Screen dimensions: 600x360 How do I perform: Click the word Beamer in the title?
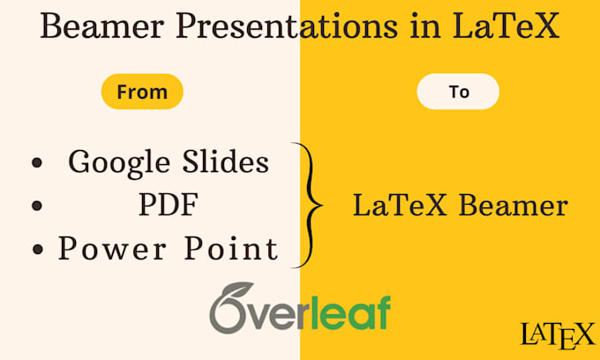pos(102,26)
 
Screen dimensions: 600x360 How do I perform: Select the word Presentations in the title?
pos(286,26)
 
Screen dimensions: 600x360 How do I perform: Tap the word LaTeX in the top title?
pos(506,26)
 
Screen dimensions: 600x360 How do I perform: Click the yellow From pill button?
pos(142,92)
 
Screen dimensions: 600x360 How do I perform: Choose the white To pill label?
pos(458,92)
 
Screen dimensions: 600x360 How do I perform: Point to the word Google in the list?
pos(119,163)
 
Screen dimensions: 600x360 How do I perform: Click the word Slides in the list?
pos(225,161)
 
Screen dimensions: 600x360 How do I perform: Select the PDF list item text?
pos(169,205)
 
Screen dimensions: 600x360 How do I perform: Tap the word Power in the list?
pos(113,248)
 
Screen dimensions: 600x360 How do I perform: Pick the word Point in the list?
pos(231,248)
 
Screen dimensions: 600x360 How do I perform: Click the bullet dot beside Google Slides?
pos(37,163)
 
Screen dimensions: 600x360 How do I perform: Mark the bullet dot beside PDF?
pos(37,206)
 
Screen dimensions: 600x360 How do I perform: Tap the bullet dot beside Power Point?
pos(37,250)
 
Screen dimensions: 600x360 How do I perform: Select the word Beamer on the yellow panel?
pos(514,206)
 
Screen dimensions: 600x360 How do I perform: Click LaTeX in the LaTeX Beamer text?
pos(400,206)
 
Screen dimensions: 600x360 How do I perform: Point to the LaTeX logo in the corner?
pos(557,335)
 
